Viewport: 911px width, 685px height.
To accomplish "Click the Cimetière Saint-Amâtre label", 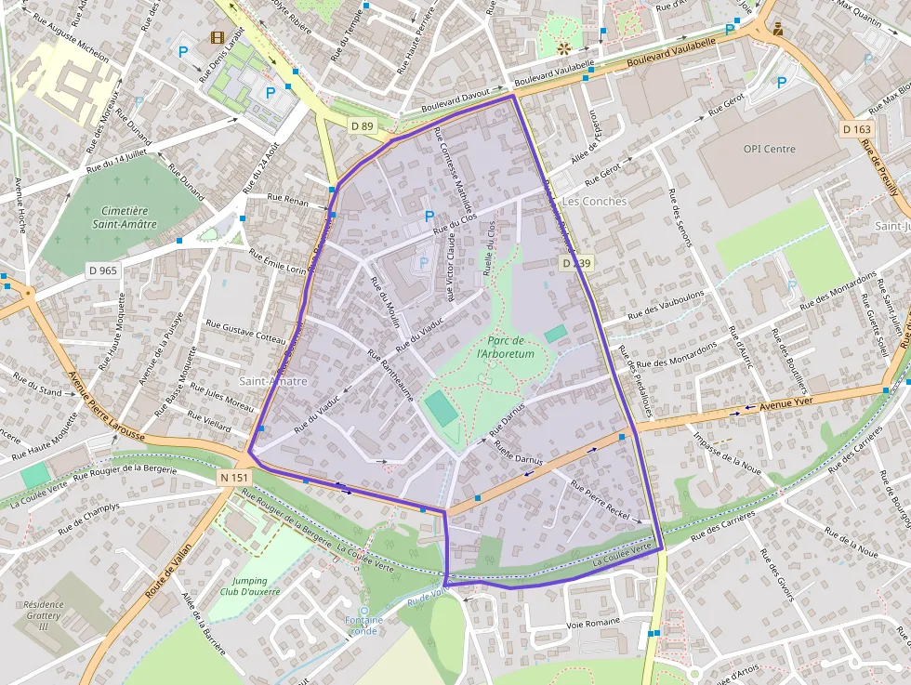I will (125, 217).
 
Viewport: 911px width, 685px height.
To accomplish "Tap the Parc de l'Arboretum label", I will (505, 348).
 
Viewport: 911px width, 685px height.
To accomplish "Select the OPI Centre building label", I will (769, 149).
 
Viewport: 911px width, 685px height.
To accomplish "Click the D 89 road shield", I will (363, 125).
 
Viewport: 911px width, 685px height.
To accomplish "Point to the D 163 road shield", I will (856, 128).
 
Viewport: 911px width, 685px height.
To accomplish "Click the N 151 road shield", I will (234, 477).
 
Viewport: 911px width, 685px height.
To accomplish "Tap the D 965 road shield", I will (103, 270).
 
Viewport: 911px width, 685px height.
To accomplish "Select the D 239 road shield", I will (576, 264).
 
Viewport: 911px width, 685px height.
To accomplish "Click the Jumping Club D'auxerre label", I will (244, 586).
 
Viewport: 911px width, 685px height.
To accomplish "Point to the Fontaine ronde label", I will (363, 626).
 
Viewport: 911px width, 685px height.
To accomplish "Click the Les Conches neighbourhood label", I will (595, 201).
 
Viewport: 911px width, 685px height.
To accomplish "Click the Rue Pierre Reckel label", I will (600, 500).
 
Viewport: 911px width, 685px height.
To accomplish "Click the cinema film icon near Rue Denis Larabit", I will (218, 38).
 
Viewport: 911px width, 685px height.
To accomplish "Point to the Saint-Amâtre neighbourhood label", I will (272, 381).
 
